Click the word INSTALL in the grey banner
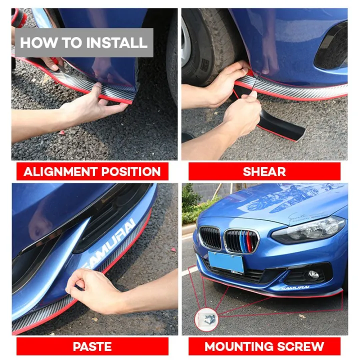point(116,42)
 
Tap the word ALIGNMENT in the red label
point(60,171)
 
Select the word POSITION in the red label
point(130,171)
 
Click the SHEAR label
point(264,171)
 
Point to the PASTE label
point(92,346)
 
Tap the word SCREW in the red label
point(301,346)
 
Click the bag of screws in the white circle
point(206,319)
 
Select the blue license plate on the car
point(226,261)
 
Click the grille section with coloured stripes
point(241,241)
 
